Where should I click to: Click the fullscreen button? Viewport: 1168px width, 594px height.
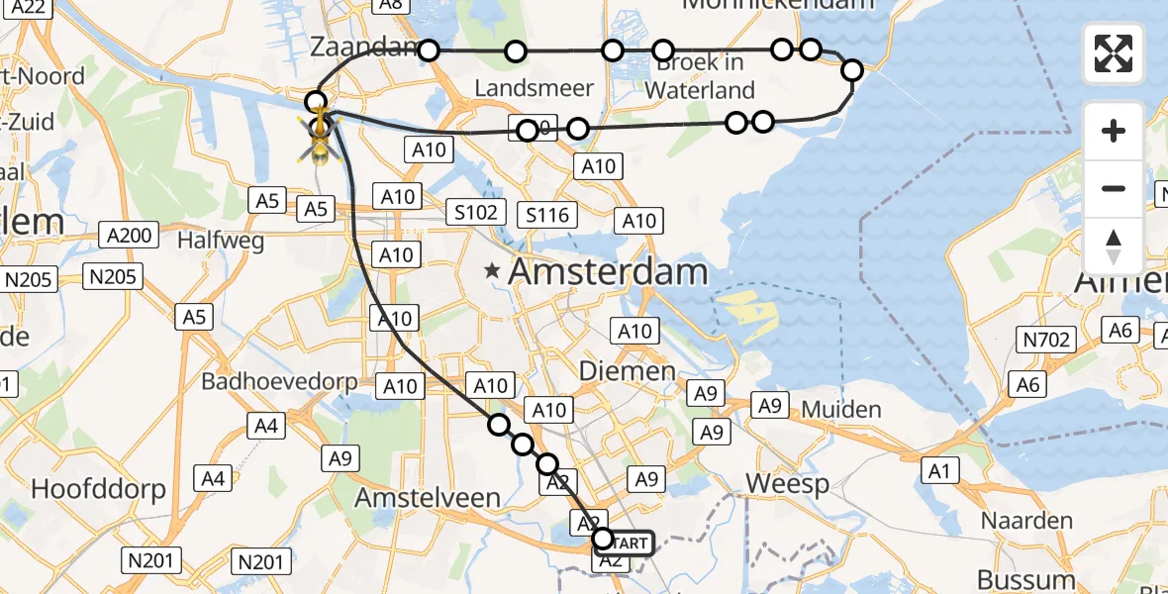click(1114, 53)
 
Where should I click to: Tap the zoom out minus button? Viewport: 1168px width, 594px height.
click(1114, 188)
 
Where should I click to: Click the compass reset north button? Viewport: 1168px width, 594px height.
click(1114, 247)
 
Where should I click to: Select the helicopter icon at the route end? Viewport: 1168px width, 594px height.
click(321, 138)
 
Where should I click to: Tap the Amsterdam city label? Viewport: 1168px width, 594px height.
click(608, 271)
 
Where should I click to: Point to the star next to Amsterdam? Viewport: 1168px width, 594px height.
click(491, 269)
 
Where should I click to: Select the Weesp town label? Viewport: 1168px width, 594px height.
click(787, 484)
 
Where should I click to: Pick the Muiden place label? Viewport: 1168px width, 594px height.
click(841, 409)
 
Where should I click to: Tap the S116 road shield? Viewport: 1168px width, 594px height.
click(547, 215)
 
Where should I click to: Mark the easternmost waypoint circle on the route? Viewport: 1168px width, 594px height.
click(852, 69)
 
